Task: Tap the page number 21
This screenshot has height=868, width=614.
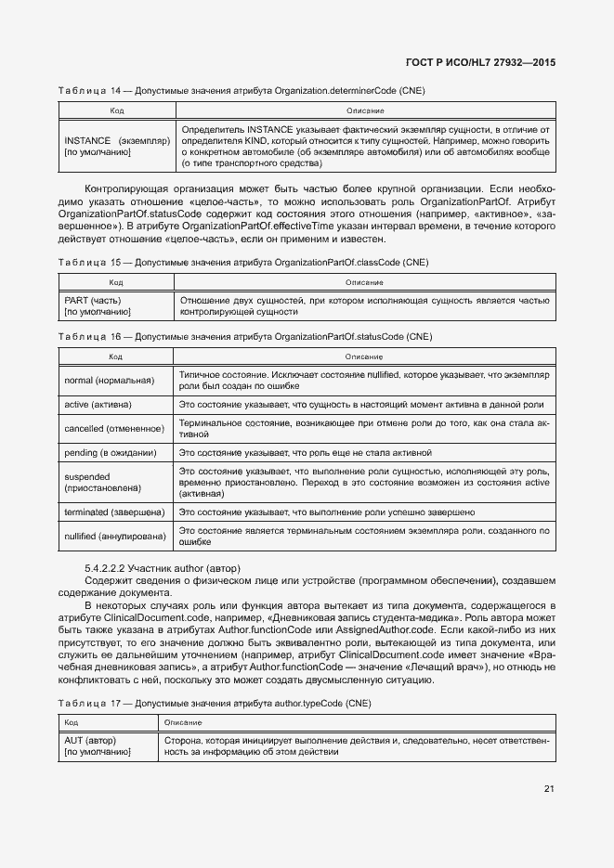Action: [x=549, y=789]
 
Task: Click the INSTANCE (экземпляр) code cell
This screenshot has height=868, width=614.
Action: [x=117, y=147]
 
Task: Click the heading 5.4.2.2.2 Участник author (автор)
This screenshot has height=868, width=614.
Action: [x=163, y=567]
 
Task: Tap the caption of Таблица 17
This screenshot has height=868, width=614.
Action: [x=214, y=705]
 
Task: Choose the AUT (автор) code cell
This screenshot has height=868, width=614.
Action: [x=108, y=746]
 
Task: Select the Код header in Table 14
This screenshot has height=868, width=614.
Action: [x=117, y=110]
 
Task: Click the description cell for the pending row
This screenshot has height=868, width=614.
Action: [x=364, y=453]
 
